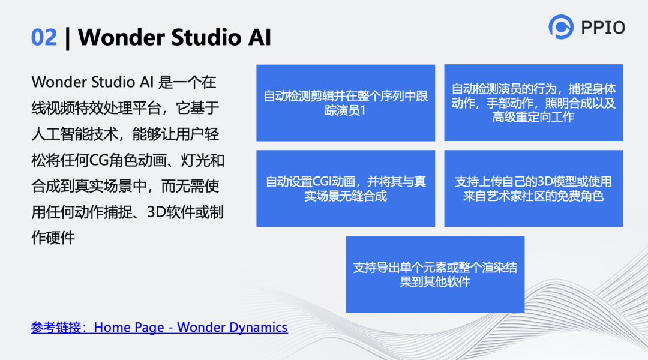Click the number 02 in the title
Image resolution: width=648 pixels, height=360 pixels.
(44, 37)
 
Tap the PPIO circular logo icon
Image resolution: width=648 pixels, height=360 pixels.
(561, 27)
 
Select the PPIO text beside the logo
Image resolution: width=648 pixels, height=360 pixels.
(603, 27)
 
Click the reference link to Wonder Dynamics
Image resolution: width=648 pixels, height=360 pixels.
(159, 328)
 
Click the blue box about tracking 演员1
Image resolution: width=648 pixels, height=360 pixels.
(346, 103)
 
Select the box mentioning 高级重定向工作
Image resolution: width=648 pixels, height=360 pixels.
(533, 103)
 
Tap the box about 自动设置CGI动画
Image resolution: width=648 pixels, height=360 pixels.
(346, 188)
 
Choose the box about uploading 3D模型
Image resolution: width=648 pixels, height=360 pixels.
(533, 188)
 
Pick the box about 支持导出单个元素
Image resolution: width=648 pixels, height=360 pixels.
(435, 274)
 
